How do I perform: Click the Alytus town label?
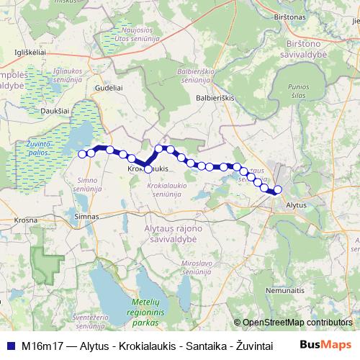tap(296, 205)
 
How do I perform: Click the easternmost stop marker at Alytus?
tap(278, 190)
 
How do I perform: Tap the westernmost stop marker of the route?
tap(82, 153)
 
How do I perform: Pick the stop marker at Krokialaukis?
tap(148, 169)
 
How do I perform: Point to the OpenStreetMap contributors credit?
tap(297, 323)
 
